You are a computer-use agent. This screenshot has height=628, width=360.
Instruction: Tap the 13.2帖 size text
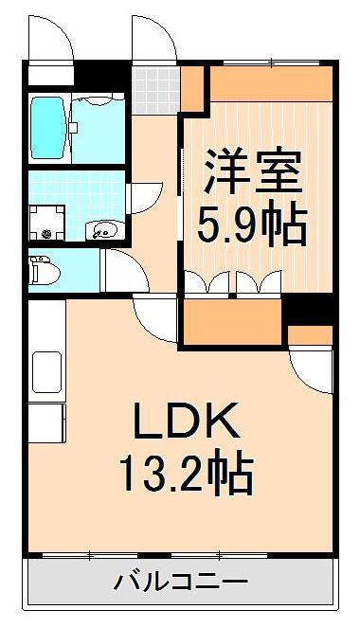(x=186, y=474)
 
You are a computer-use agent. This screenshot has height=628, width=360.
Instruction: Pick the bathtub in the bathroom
(x=47, y=127)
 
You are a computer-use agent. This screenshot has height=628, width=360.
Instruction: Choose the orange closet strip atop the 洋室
(x=270, y=85)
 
